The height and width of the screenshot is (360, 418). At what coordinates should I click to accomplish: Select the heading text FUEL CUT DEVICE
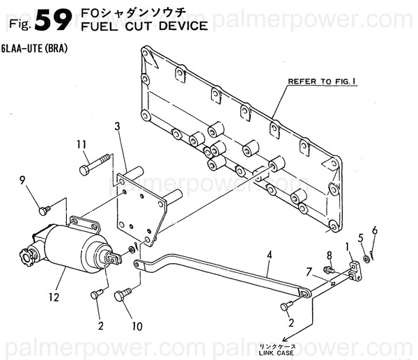pos(144,27)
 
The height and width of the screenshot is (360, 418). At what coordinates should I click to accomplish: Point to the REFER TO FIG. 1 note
pos(323,81)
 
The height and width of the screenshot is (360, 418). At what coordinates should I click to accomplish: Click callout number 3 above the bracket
pos(117,126)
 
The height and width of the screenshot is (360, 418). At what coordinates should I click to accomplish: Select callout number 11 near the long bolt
pos(82,144)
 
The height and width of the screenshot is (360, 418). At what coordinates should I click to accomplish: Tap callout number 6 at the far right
pos(374,230)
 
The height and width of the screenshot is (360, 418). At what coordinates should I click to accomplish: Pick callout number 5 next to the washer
pos(360,237)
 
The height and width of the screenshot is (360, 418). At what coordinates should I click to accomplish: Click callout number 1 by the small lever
pos(346,246)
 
